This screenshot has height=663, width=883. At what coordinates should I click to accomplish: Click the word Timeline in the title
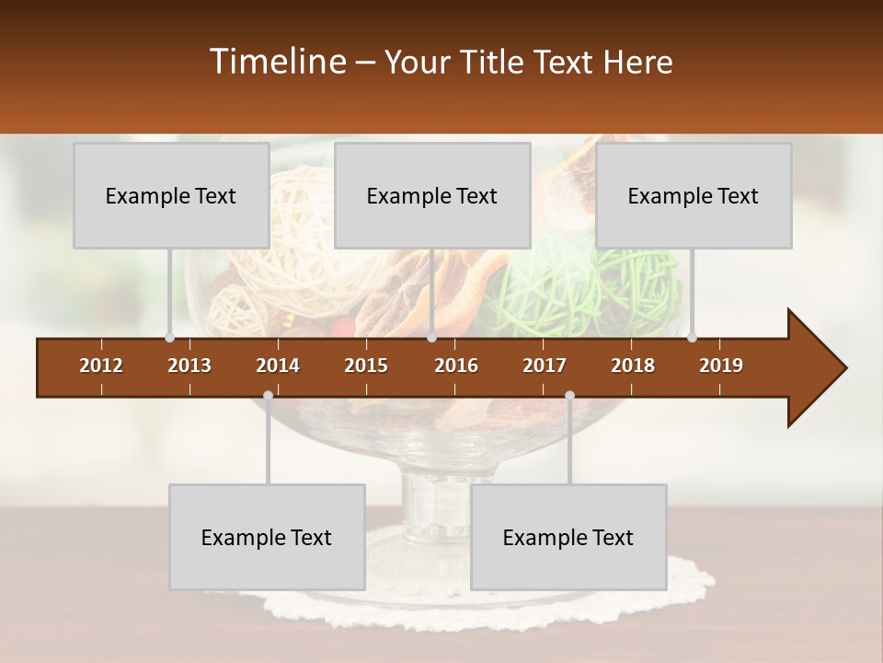click(x=277, y=62)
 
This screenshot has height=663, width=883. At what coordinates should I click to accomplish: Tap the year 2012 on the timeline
click(x=101, y=366)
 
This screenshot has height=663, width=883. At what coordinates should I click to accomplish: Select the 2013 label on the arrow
click(x=189, y=366)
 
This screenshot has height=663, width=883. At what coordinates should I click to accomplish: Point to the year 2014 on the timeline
click(x=278, y=366)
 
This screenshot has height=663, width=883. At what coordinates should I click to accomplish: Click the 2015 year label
click(x=366, y=366)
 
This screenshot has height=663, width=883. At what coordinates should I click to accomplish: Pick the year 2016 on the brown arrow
click(x=456, y=366)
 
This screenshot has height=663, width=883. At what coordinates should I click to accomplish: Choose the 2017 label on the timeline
click(x=545, y=366)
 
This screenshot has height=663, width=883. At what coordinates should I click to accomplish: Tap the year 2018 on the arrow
click(x=633, y=366)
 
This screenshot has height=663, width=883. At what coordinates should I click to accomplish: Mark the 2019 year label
click(x=721, y=366)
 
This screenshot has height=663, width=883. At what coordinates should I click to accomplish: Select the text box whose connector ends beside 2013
click(x=171, y=195)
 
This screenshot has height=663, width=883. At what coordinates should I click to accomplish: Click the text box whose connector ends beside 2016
click(x=432, y=195)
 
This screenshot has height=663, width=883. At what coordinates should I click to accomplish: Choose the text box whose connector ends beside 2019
click(x=694, y=195)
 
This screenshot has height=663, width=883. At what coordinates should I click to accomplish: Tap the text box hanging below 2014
click(x=267, y=537)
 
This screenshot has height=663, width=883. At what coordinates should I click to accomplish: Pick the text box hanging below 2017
click(x=568, y=537)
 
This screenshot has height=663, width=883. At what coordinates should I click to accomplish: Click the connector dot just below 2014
click(x=268, y=395)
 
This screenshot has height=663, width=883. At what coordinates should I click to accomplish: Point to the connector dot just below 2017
click(x=569, y=395)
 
